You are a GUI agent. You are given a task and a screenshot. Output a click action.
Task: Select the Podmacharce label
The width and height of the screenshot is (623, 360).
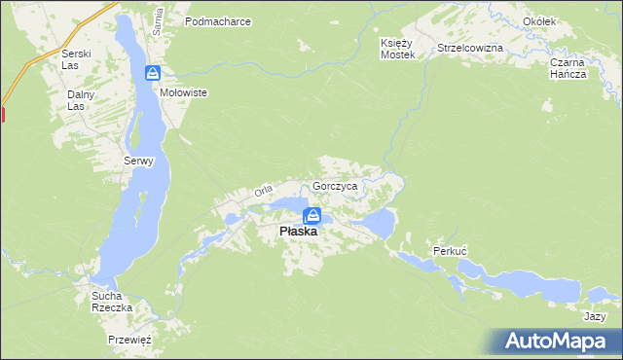[218, 20]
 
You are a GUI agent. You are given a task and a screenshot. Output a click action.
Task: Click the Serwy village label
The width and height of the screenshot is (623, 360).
[138, 162]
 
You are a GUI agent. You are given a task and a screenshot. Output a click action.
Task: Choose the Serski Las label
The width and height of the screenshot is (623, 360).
[75, 60]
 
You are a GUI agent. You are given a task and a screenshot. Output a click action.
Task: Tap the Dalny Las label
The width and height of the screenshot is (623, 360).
[78, 101]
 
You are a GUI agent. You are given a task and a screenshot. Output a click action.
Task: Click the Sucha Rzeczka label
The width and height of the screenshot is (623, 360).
[111, 301]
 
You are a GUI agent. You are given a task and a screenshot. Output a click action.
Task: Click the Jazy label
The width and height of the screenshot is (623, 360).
[595, 317]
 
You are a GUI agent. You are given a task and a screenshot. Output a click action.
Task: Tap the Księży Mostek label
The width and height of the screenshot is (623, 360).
[397, 50]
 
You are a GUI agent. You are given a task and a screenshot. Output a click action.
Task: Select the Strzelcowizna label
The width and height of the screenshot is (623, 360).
[470, 48]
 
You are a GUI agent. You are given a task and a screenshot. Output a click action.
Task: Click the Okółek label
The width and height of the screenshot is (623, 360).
[566, 21]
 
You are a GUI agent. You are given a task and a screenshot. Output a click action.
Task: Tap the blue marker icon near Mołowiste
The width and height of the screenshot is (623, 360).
[153, 73]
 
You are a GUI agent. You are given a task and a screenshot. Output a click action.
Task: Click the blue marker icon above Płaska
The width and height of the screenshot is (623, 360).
[311, 215]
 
